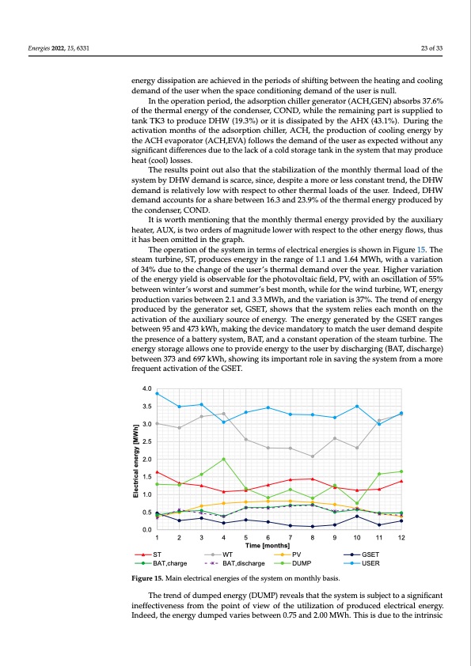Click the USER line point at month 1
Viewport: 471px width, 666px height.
pos(158,393)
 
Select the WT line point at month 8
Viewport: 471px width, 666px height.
pos(313,456)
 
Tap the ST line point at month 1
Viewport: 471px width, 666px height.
pos(158,472)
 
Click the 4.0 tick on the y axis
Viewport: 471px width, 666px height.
pos(146,388)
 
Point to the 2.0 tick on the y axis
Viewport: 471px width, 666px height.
pos(146,459)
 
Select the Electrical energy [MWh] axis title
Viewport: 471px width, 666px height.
pos(135,459)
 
